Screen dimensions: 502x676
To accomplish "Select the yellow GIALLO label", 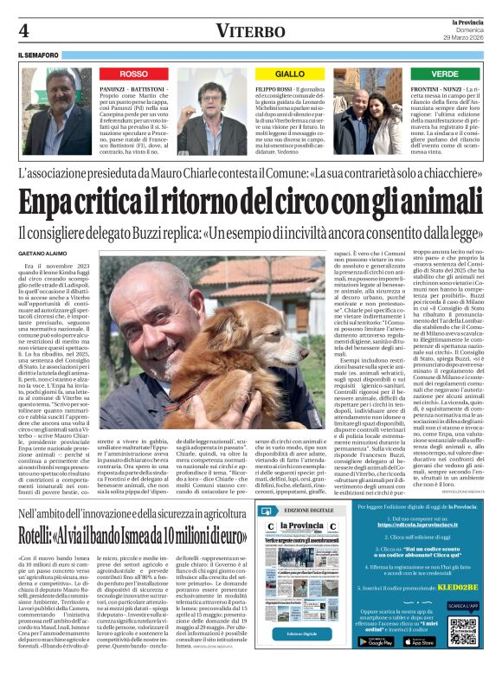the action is (290, 74).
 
